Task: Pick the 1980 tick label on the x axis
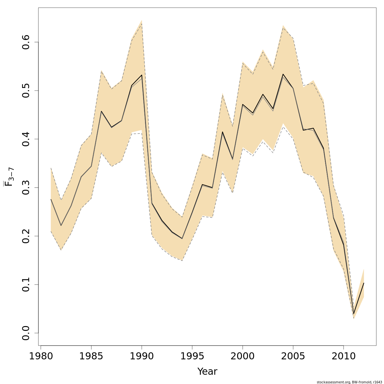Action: click(x=41, y=356)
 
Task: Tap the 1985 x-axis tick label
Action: click(x=91, y=356)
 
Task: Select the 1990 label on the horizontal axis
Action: click(x=142, y=356)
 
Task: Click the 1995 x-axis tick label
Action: click(x=192, y=356)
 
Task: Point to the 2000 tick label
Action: click(x=243, y=356)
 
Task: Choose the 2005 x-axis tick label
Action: click(x=293, y=356)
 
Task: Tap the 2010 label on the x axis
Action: click(x=343, y=356)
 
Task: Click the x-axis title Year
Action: click(x=207, y=372)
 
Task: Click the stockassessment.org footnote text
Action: click(x=349, y=382)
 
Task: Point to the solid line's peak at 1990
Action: click(x=141, y=75)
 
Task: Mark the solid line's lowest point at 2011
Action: click(x=354, y=313)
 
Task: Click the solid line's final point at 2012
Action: click(x=364, y=283)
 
